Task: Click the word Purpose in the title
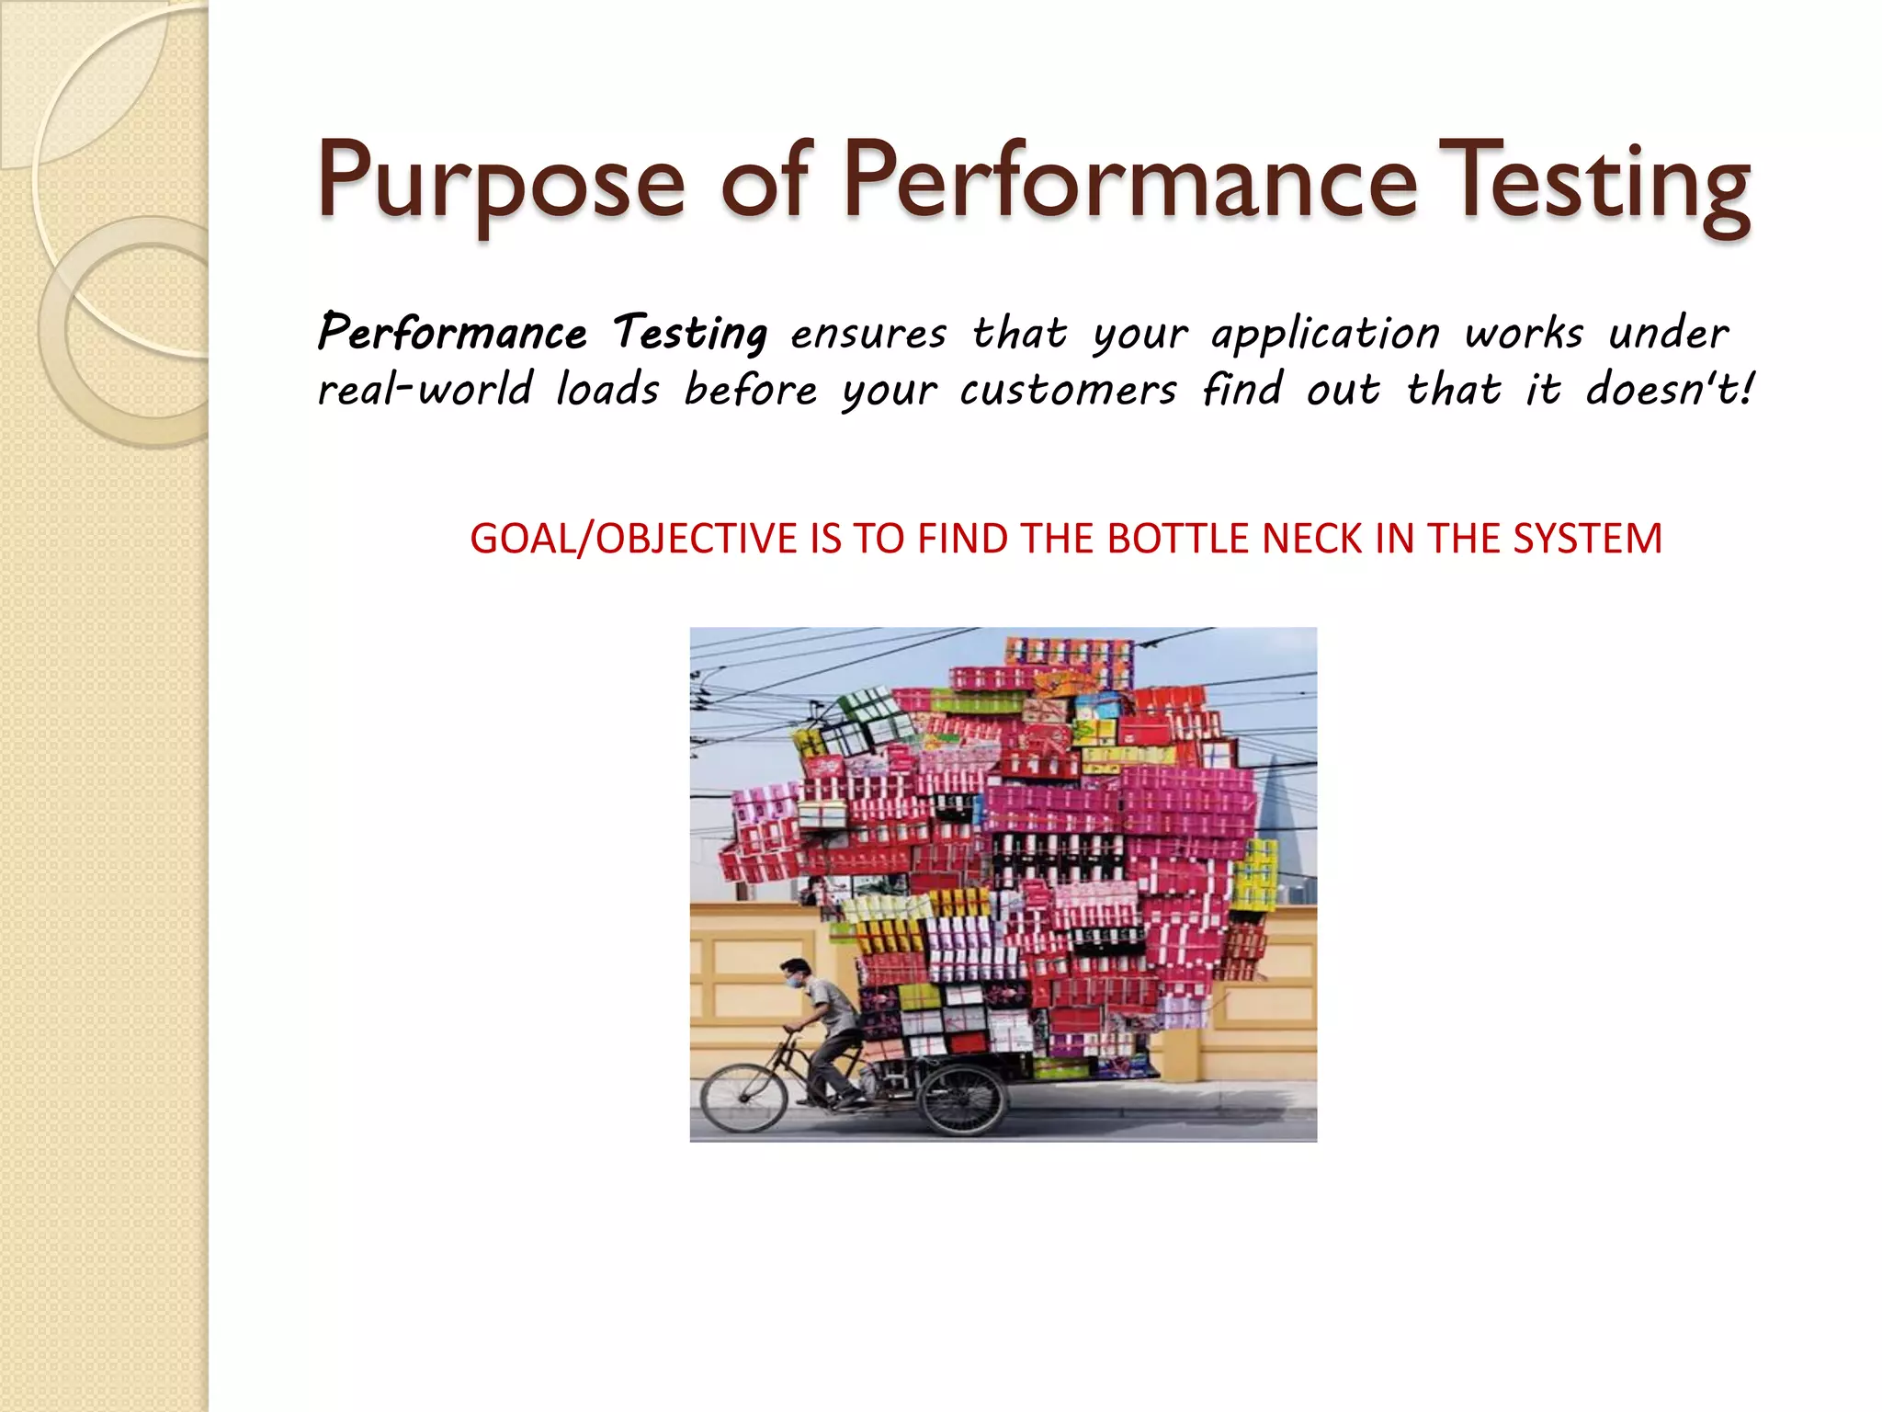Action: tap(501, 181)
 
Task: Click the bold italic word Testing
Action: tap(689, 334)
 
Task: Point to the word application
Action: tap(1325, 334)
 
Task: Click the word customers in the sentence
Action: tap(1068, 391)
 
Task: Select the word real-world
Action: tap(425, 391)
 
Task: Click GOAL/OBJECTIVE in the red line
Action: tap(634, 539)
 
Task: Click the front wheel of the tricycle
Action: tap(743, 1099)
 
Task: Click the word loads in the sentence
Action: tap(607, 391)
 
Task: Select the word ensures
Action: tap(867, 334)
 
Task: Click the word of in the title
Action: tap(763, 181)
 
